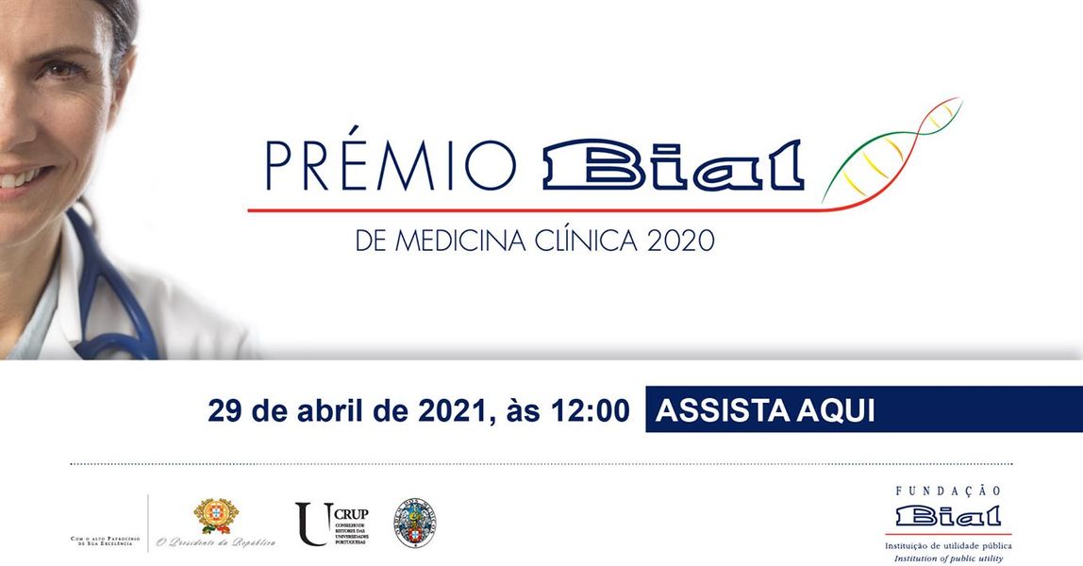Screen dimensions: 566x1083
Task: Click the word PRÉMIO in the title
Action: pos(391,166)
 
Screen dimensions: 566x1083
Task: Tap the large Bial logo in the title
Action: pos(673,166)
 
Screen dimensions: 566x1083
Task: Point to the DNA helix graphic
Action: pos(891,151)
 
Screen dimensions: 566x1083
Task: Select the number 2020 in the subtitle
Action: pos(681,240)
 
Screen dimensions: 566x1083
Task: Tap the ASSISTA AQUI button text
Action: pos(765,410)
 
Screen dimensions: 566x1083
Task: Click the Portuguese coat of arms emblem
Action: pos(216,516)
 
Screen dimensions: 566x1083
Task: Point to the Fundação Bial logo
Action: pos(948,517)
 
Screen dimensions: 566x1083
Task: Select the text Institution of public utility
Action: pos(948,558)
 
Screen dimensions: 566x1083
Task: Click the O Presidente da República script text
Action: pos(216,542)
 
